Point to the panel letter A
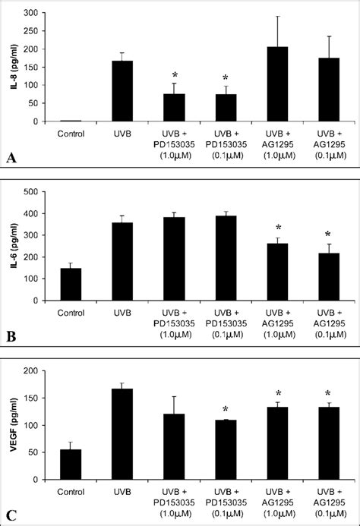[x=11, y=157]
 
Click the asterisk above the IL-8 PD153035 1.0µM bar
[x=175, y=75]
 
